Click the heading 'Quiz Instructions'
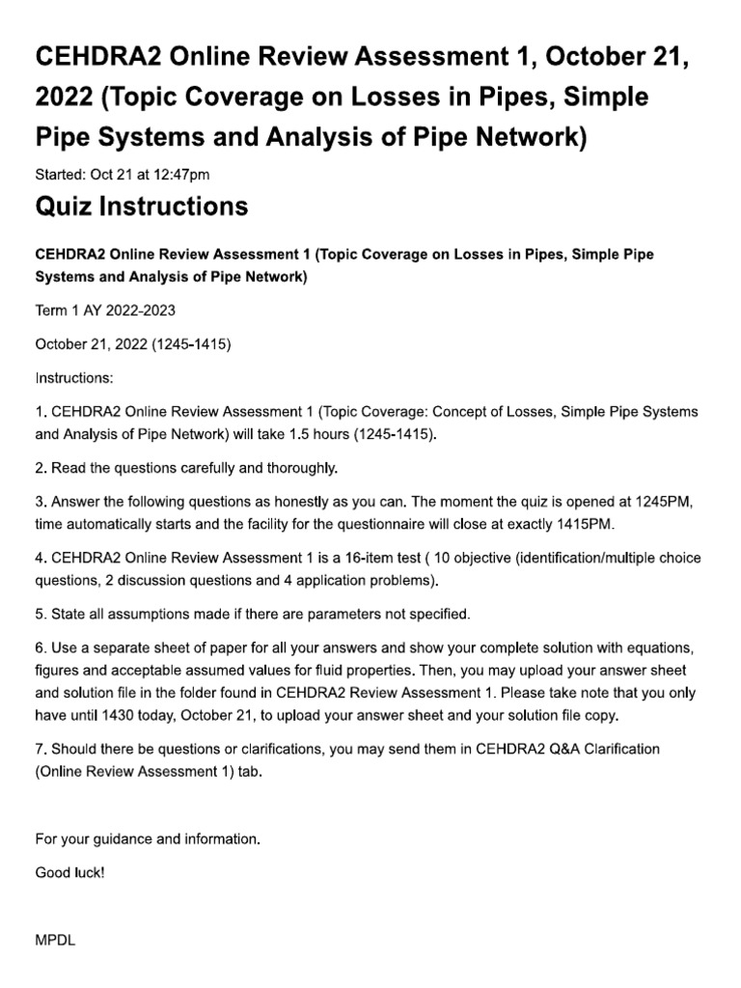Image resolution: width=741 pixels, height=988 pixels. pyautogui.click(x=141, y=206)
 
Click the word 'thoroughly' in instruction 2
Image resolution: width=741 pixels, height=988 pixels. pyautogui.click(x=302, y=468)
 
